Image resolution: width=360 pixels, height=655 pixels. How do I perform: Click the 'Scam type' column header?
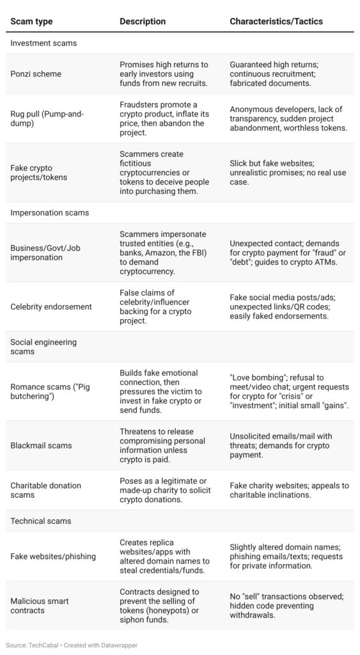(x=31, y=21)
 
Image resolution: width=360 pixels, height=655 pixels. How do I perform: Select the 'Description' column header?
(x=143, y=21)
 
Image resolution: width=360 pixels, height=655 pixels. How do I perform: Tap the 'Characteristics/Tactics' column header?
(x=276, y=21)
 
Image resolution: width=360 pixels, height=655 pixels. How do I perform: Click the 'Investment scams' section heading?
(x=43, y=43)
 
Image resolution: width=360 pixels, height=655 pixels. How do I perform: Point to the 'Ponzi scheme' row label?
(x=36, y=74)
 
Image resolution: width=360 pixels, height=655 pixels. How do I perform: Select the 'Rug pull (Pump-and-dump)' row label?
(x=47, y=119)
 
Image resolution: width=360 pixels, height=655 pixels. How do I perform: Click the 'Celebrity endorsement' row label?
(x=51, y=307)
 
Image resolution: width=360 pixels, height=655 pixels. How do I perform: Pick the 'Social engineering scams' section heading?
(x=43, y=347)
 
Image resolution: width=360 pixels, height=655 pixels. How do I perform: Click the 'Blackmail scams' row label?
(x=41, y=445)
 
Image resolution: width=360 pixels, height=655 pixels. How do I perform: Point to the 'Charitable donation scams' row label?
(x=46, y=490)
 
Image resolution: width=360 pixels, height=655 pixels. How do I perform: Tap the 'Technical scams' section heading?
(x=40, y=521)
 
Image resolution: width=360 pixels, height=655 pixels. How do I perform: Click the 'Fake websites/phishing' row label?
(x=53, y=556)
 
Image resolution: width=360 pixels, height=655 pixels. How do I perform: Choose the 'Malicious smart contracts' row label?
(x=40, y=606)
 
